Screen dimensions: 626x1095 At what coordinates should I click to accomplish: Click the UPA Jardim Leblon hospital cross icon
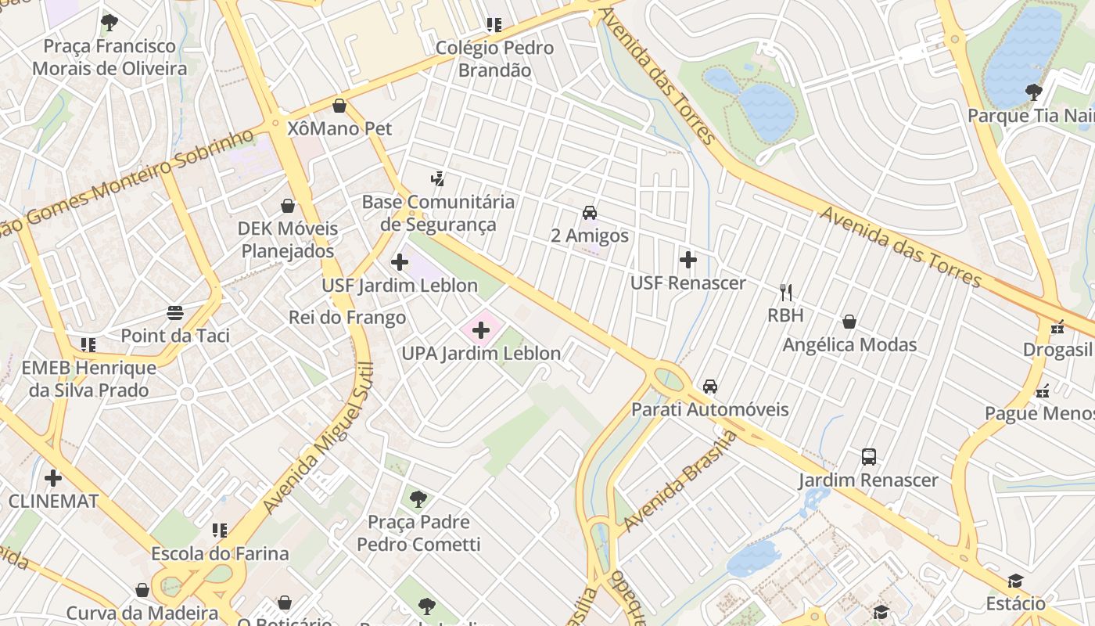(481, 331)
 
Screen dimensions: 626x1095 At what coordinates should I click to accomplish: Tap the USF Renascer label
(688, 282)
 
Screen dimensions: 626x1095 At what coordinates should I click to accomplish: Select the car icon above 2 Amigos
(590, 213)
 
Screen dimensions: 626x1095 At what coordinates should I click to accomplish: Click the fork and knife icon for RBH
(786, 293)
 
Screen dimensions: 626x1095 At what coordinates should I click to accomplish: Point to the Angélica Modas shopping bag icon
(849, 322)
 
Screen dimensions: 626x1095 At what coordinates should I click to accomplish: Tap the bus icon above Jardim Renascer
(868, 457)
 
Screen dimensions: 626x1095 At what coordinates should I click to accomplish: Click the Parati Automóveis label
(709, 409)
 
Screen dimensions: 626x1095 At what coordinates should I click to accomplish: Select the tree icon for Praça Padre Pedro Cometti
(418, 498)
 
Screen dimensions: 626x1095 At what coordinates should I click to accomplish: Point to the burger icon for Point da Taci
(175, 314)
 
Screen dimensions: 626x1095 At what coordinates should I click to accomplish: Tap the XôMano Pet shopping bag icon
(339, 106)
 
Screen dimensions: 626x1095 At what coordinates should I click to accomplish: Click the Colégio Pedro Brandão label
(494, 59)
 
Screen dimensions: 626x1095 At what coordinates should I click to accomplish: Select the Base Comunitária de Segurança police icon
(438, 178)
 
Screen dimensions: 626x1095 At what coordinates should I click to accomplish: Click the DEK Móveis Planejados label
(288, 240)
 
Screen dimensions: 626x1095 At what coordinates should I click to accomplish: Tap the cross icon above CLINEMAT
(53, 477)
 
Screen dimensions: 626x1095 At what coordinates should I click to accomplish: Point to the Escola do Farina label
(220, 553)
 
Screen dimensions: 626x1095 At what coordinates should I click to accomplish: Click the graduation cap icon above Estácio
(1015, 581)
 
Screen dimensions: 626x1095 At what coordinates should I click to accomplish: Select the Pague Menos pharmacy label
(1039, 413)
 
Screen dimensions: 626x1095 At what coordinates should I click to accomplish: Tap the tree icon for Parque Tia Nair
(1034, 92)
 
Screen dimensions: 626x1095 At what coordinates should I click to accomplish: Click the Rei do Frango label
(347, 317)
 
